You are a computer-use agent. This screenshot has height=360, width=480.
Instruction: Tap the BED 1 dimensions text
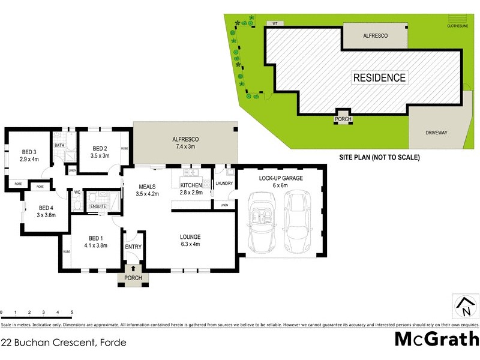95,245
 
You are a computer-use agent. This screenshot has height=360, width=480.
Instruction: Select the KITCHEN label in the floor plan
191,185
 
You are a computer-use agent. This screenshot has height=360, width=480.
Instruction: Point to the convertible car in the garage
262,221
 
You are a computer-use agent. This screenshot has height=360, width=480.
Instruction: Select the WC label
77,193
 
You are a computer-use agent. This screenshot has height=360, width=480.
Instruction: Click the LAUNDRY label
224,184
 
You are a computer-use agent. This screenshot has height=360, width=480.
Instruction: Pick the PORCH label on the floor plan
133,278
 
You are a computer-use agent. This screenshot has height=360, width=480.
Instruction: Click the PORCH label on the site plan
343,119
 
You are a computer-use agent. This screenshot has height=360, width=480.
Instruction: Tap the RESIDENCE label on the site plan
379,77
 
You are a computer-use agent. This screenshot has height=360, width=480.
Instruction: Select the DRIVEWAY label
437,133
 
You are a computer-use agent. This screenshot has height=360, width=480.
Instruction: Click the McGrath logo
436,339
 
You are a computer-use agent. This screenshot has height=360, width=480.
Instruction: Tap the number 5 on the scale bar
72,313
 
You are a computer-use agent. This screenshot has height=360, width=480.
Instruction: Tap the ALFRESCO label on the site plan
376,36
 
